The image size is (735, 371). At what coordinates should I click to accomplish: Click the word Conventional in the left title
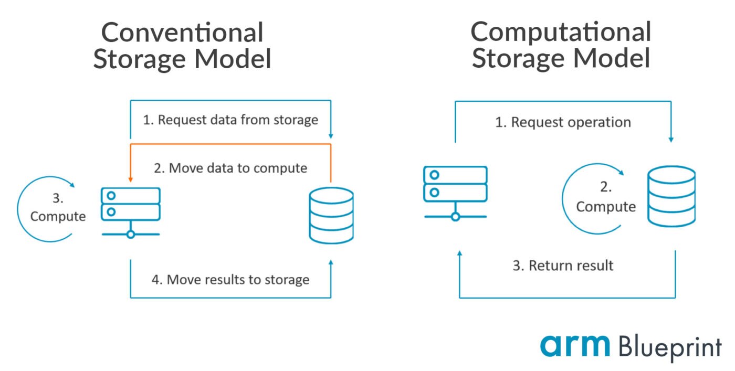tap(182, 33)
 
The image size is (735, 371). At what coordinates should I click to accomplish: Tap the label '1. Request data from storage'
tap(230, 120)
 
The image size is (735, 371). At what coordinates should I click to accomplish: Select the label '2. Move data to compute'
tap(230, 168)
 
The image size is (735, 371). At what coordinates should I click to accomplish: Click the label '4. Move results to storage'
tap(230, 279)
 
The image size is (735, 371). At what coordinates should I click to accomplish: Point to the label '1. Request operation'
tap(563, 122)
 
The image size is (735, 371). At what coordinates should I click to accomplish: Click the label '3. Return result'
tap(563, 265)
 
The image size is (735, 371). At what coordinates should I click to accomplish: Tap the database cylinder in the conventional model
tap(331, 215)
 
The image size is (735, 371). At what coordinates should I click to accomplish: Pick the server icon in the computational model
tap(455, 192)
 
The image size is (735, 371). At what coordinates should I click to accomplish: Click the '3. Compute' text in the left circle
tap(58, 208)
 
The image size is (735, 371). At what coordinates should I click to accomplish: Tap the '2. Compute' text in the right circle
tap(605, 198)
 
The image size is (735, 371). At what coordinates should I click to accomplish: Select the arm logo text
tap(575, 345)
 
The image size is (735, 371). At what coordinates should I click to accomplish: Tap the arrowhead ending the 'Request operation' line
tap(671, 139)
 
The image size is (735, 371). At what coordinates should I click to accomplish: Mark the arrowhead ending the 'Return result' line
tap(460, 254)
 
